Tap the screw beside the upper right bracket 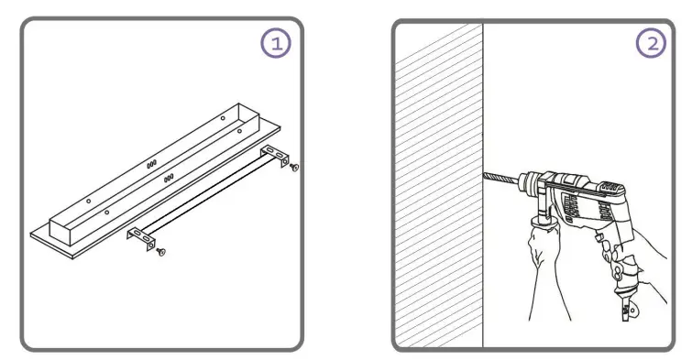pos(293,169)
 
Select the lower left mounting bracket pos(138,237)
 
